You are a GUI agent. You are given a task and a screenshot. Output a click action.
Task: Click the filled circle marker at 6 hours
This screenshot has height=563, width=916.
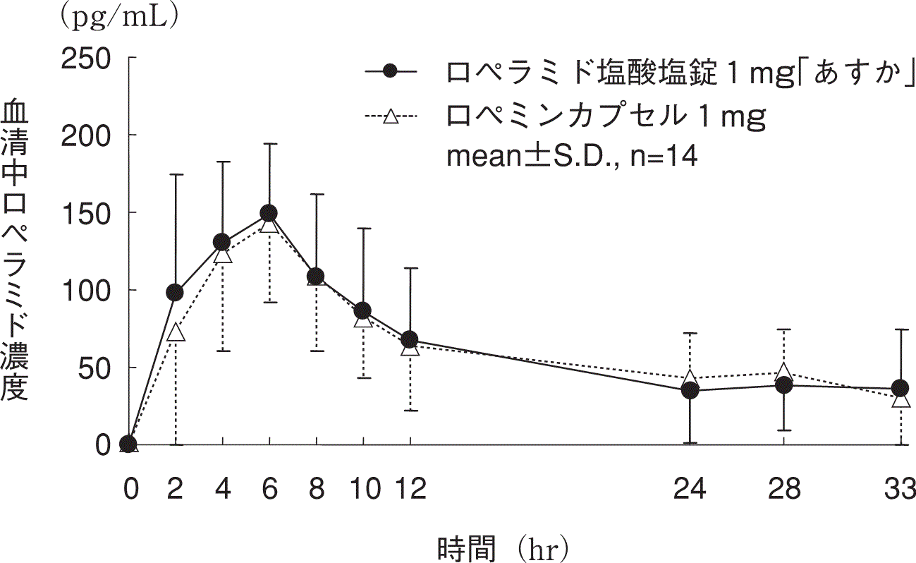tap(269, 213)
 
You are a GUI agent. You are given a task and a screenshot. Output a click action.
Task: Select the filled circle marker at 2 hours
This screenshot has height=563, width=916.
tap(175, 292)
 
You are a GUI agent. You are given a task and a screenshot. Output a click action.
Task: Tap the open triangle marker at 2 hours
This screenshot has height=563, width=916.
tap(176, 333)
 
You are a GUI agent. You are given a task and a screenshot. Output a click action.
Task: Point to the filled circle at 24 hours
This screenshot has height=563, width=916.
tap(690, 390)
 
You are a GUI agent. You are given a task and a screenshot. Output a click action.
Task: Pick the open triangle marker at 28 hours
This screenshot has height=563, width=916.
tap(783, 372)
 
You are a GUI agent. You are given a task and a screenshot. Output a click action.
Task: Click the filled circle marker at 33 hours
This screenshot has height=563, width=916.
tap(900, 388)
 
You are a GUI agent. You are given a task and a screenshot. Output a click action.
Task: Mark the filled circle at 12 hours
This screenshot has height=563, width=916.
tap(410, 340)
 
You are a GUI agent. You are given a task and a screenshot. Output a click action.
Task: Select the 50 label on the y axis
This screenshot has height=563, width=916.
tap(97, 368)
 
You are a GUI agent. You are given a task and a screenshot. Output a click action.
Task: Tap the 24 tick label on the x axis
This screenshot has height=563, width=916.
tap(690, 488)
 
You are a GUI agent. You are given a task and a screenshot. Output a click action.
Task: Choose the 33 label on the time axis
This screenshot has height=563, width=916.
tap(899, 488)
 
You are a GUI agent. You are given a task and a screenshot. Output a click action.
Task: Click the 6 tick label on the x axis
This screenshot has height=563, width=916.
tap(269, 488)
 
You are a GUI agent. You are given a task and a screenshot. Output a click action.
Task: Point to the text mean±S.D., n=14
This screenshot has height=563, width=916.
tap(572, 157)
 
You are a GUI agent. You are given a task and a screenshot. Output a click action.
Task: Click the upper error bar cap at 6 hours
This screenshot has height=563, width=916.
tap(269, 144)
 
